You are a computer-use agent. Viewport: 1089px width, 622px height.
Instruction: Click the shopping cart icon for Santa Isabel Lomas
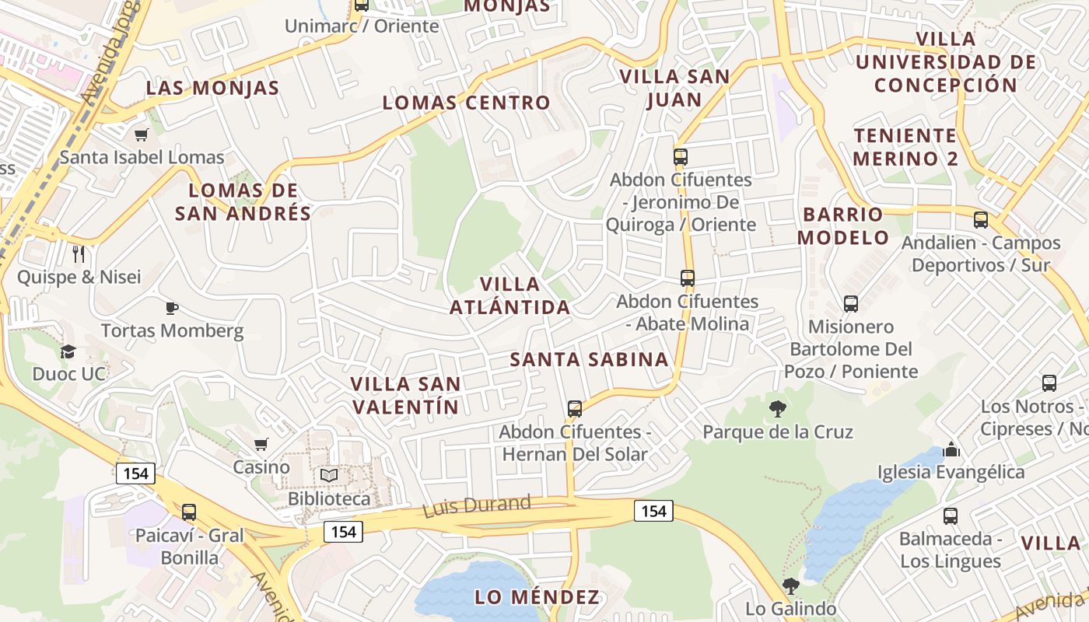pyautogui.click(x=141, y=135)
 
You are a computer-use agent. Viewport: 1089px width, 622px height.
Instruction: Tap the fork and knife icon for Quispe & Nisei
pyautogui.click(x=79, y=254)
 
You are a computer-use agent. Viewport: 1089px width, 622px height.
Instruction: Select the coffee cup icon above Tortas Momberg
pyautogui.click(x=172, y=308)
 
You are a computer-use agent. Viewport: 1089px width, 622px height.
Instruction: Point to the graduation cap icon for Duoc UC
pyautogui.click(x=68, y=351)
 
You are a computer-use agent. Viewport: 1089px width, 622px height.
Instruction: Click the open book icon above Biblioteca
pyautogui.click(x=329, y=475)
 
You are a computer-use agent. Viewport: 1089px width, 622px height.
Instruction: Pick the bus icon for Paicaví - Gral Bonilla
pyautogui.click(x=189, y=512)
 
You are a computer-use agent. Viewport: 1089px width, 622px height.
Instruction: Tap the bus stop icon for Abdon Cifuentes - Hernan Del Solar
pyautogui.click(x=575, y=408)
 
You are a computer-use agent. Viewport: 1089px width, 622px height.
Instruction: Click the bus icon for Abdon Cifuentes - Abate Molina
pyautogui.click(x=687, y=278)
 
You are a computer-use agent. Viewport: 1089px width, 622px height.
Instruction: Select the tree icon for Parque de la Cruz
pyautogui.click(x=777, y=409)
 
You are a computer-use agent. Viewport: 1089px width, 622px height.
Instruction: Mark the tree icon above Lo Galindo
pyautogui.click(x=790, y=586)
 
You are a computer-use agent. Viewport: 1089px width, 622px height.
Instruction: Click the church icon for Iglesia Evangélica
pyautogui.click(x=951, y=449)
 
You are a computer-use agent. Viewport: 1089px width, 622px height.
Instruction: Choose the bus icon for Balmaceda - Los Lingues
pyautogui.click(x=950, y=516)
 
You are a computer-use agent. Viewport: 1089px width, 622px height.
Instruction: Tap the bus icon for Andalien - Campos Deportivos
pyautogui.click(x=981, y=220)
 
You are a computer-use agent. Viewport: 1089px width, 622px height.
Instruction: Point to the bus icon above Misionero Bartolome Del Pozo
pyautogui.click(x=851, y=304)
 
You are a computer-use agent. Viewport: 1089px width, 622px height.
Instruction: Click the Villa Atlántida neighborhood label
pyautogui.click(x=510, y=295)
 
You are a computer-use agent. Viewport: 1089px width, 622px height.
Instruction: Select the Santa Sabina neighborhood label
pyautogui.click(x=590, y=359)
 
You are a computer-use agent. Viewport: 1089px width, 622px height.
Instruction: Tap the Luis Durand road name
pyautogui.click(x=477, y=506)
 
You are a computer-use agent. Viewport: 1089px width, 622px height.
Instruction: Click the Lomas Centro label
pyautogui.click(x=466, y=103)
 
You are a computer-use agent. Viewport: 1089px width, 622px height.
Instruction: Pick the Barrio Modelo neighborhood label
pyautogui.click(x=843, y=225)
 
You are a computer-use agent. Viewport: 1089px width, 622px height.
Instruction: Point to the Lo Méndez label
pyautogui.click(x=537, y=597)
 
